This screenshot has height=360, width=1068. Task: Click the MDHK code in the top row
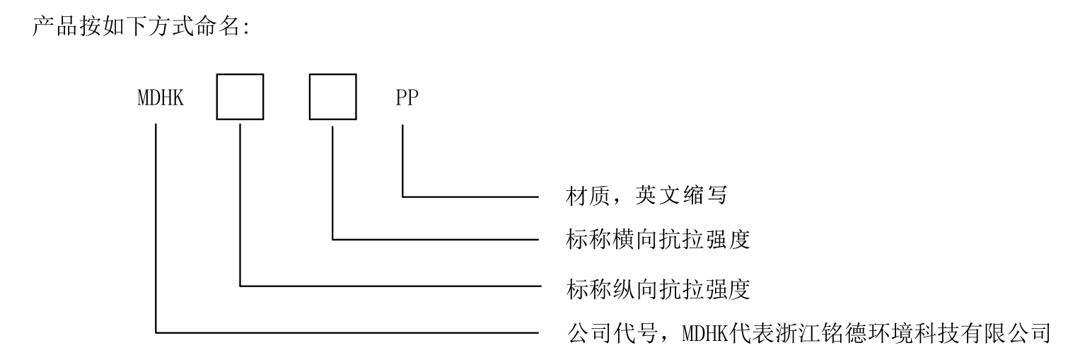tap(161, 98)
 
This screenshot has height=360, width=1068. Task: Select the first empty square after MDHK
tap(240, 97)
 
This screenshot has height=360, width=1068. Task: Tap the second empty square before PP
tap(333, 97)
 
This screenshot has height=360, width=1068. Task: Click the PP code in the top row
tap(407, 98)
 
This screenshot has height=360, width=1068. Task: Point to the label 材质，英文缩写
tap(646, 195)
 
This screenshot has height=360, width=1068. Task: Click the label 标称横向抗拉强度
tap(658, 239)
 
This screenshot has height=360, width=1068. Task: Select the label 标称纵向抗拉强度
tap(658, 289)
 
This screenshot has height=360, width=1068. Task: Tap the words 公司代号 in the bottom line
tap(613, 333)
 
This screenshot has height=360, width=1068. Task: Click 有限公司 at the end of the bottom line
tap(1005, 333)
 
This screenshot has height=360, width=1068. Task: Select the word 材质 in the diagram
tap(588, 195)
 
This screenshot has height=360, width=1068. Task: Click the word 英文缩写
tap(681, 195)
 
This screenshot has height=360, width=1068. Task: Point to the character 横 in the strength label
tap(624, 239)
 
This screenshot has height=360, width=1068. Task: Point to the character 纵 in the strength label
tap(624, 289)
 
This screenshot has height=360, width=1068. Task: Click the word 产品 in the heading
tap(54, 25)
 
